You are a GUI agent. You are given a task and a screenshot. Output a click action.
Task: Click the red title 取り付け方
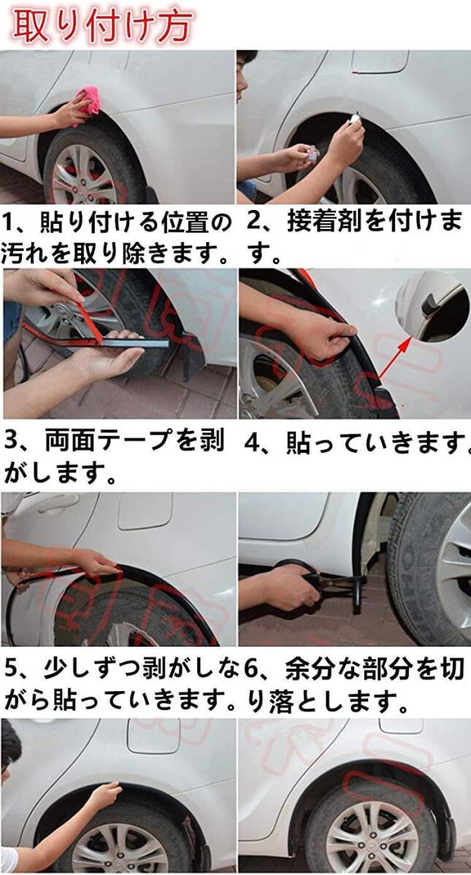pos(102,26)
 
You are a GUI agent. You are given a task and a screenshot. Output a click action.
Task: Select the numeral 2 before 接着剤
pos(255,222)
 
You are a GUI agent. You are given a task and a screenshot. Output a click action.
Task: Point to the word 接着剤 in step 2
pos(323,222)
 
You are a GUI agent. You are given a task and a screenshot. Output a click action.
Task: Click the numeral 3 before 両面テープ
pos(12,440)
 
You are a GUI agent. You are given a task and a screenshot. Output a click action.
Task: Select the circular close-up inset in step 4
pos(432,308)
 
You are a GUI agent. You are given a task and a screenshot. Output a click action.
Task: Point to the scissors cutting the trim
pos(313,577)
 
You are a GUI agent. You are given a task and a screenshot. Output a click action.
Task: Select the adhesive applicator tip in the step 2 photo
pos(356,117)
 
